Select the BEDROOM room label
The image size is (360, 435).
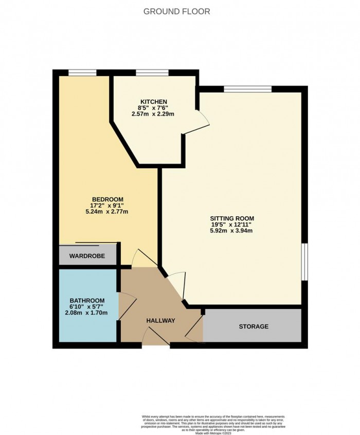click(107, 199)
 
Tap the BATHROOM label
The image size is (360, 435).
click(87, 301)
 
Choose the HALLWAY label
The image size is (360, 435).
click(160, 321)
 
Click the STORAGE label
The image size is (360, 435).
click(254, 326)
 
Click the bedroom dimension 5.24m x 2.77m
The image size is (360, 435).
click(107, 212)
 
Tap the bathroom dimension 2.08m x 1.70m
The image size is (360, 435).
click(87, 313)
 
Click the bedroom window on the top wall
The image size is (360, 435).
click(83, 73)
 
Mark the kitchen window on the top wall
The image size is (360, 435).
click(152, 73)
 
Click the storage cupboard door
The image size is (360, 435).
click(194, 329)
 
